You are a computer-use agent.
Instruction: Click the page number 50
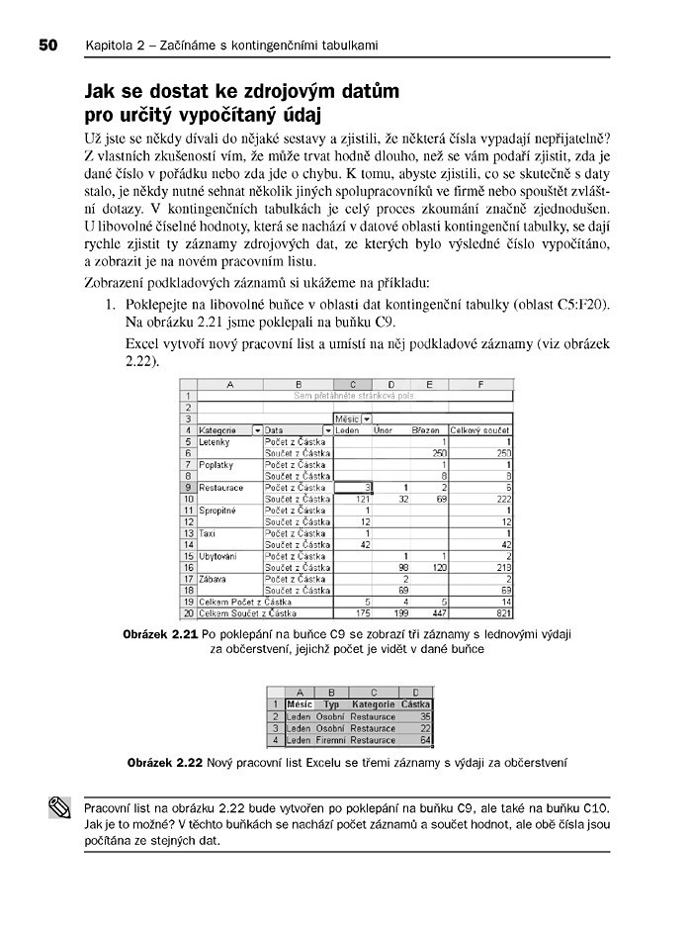(50, 46)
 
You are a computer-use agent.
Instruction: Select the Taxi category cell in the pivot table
(208, 532)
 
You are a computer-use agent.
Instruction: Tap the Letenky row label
(215, 441)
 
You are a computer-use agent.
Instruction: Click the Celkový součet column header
(481, 430)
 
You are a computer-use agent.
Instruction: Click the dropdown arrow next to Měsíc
(367, 420)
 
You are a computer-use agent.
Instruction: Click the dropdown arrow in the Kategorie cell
(257, 430)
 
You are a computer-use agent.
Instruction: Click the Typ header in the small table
(331, 703)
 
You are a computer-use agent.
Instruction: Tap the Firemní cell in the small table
(331, 739)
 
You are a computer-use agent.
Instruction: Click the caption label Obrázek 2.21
(159, 633)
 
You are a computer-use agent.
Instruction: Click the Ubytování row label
(219, 555)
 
